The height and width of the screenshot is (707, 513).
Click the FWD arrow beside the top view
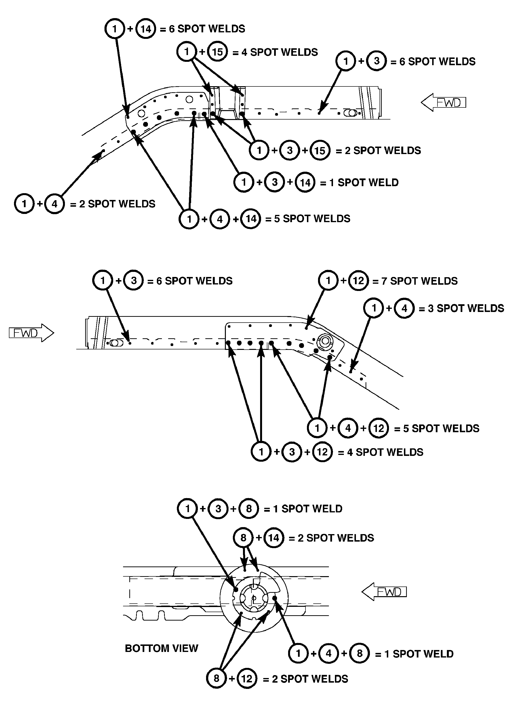point(443,103)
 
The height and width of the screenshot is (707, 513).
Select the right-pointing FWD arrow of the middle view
point(31,333)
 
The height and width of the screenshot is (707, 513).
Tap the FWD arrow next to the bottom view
point(384,592)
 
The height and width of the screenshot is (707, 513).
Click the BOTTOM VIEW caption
point(161,648)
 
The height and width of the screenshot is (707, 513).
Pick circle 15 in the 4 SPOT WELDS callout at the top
point(217,51)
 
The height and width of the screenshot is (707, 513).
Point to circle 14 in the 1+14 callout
point(146,29)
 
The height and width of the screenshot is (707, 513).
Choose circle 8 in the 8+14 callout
point(243,538)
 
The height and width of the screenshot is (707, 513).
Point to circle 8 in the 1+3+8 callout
point(249,509)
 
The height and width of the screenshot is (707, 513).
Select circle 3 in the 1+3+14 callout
point(274,182)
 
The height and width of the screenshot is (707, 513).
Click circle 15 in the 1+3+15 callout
point(320,150)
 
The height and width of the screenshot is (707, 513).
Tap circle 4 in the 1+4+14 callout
point(220,219)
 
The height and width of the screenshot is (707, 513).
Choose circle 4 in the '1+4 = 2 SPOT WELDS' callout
point(55,204)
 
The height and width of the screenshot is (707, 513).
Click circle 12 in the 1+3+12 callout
point(322,452)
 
